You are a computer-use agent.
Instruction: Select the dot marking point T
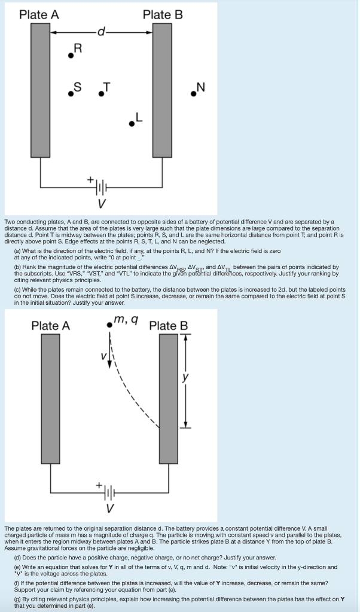[x=102, y=94]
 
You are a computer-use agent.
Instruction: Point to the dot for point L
[x=132, y=124]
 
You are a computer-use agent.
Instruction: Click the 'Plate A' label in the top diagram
[x=39, y=14]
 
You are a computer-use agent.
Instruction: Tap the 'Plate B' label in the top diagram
[x=163, y=14]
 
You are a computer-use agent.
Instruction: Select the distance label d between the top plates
[x=101, y=33]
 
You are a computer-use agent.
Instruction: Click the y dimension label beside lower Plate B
[x=193, y=378]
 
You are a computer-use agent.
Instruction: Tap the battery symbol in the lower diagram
[x=109, y=494]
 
